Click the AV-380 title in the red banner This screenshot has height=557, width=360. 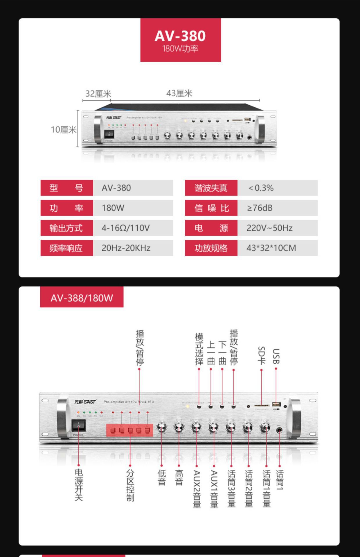point(180,36)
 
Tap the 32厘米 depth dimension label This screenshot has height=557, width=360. point(98,94)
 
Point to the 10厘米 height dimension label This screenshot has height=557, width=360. point(64,129)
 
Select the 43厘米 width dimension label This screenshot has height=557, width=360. point(179,93)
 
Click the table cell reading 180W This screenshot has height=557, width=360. point(133,208)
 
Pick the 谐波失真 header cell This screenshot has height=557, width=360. point(211,188)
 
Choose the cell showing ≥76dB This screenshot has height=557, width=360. point(277,208)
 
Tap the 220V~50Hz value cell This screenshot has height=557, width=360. point(277,228)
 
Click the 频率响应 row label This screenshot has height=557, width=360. point(66,248)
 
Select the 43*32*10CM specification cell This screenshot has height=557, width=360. point(277,248)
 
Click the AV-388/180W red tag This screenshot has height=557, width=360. point(82,298)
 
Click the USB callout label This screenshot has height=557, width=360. point(276,356)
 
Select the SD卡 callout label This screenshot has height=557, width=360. point(261,355)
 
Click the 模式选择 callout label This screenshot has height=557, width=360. point(199,349)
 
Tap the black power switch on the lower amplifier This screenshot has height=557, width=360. point(79,425)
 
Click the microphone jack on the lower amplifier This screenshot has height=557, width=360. point(279,430)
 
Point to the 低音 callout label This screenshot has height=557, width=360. point(162,478)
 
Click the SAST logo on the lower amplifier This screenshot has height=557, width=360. point(85,402)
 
